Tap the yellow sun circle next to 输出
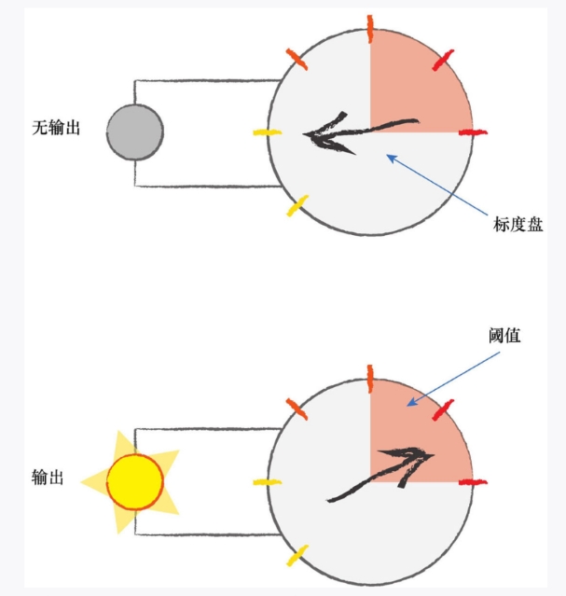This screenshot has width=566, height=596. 135,481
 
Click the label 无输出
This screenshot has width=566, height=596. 57,128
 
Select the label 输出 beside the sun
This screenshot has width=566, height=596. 48,478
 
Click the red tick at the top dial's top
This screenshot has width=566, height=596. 370,29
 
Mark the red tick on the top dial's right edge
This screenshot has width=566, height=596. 473,133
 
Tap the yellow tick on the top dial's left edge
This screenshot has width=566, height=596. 267,133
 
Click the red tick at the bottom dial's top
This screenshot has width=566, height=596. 370,377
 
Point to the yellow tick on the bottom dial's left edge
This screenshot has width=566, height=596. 267,482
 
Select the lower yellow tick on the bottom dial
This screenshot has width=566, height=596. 297,557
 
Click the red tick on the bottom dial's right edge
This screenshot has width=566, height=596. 473,482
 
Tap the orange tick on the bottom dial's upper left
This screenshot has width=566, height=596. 296,408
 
